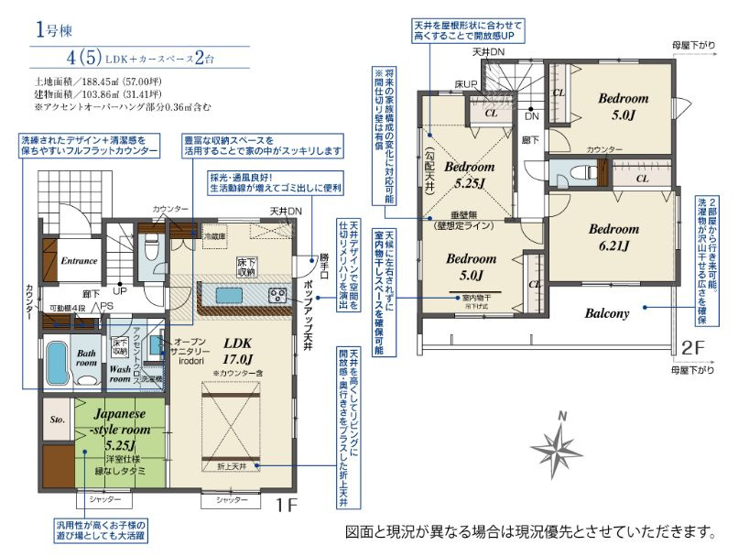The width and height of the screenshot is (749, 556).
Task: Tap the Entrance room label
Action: coord(79,261)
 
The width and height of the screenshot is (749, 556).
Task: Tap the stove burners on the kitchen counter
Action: coord(277,295)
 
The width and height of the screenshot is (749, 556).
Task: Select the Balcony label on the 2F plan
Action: coord(607,313)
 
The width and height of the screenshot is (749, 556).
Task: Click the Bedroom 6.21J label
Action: coord(613,237)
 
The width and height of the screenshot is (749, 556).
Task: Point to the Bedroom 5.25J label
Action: coord(470,175)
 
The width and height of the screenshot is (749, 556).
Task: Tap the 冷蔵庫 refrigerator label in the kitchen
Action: coord(213,234)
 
